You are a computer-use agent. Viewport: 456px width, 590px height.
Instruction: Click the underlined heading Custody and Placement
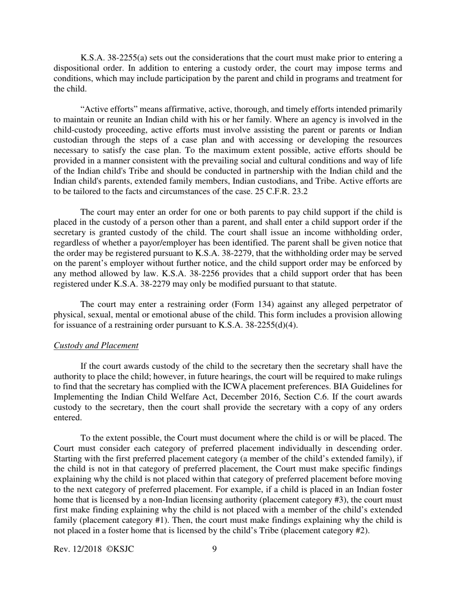pos(96,345)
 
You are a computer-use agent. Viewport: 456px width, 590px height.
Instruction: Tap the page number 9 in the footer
pos(214,549)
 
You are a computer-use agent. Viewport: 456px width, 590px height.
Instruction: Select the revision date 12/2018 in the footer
pos(84,549)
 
